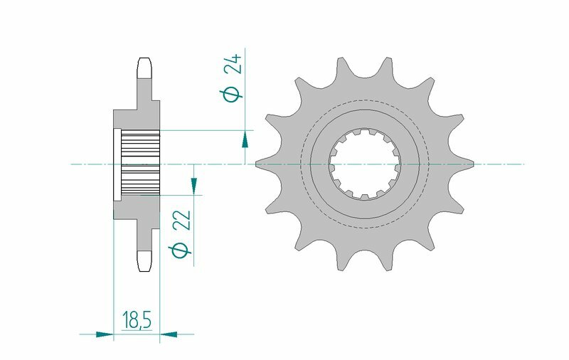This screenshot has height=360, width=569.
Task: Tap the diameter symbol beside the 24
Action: (232, 94)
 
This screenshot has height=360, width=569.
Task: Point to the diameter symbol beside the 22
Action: (181, 250)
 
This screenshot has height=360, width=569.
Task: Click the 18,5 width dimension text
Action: (137, 321)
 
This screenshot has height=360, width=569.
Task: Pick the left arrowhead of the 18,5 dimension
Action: (105, 333)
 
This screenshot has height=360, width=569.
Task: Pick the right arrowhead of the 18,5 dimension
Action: (169, 333)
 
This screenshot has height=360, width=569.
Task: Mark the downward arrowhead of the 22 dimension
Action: (193, 186)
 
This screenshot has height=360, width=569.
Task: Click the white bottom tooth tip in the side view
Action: (144, 261)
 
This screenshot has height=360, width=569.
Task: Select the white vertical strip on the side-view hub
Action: (117, 164)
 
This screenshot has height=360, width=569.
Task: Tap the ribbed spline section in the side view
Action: (141, 164)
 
